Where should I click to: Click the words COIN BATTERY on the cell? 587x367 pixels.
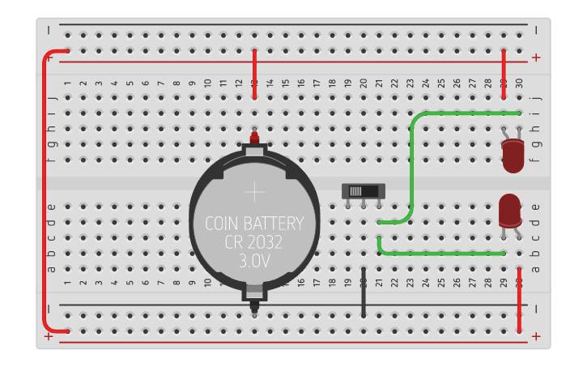click(254, 224)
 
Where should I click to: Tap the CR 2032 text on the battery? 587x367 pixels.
click(254, 242)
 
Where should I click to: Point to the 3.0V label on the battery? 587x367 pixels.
click(254, 261)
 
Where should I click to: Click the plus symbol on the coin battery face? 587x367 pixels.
click(254, 192)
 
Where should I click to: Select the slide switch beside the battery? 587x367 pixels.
click(363, 191)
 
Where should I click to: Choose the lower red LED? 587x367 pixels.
click(509, 211)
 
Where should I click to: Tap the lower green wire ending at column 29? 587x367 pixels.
click(441, 254)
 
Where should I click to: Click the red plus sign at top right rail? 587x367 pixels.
click(536, 58)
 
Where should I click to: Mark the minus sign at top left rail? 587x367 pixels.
click(50, 31)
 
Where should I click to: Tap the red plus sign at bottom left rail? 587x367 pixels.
click(50, 335)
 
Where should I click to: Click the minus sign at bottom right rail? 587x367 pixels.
click(536, 309)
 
